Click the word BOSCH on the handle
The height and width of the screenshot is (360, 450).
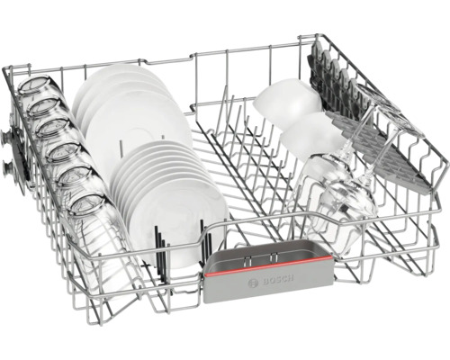coord(278,281)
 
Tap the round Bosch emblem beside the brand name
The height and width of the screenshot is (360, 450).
coord(253,283)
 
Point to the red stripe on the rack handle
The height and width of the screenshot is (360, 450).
coord(268,266)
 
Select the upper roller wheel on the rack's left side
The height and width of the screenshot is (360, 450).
coord(6,137)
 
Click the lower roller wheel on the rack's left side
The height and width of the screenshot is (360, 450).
coord(8,167)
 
